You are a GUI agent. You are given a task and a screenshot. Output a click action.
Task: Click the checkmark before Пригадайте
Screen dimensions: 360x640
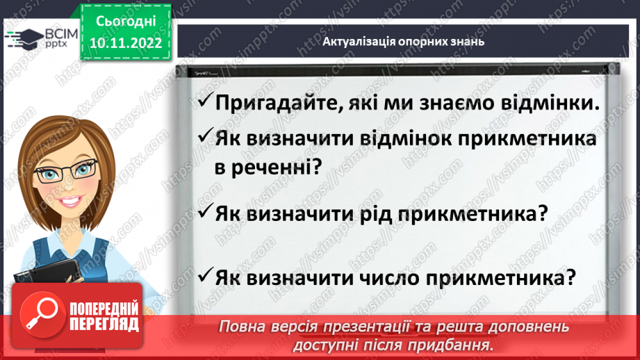click(204, 101)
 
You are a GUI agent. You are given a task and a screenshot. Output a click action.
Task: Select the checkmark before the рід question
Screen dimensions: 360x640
click(204, 211)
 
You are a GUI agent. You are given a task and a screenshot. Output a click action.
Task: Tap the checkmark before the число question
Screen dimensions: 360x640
click(204, 277)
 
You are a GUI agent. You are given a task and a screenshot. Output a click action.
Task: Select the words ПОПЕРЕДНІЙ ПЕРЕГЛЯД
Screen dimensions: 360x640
click(105, 316)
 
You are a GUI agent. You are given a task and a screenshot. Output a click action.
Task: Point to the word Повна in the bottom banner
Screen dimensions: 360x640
click(240, 327)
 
